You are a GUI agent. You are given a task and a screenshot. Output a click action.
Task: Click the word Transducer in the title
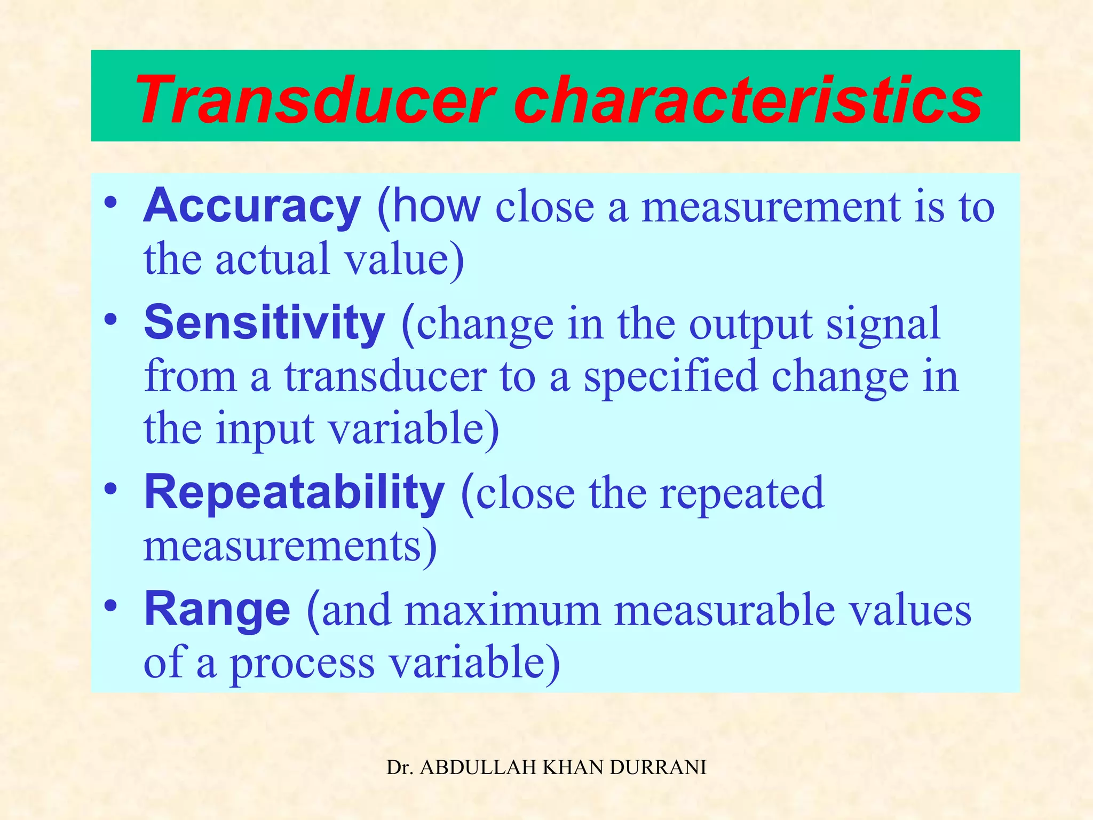[315, 100]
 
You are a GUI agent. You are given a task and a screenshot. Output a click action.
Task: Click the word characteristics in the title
[747, 100]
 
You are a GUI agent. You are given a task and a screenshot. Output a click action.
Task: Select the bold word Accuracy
[252, 206]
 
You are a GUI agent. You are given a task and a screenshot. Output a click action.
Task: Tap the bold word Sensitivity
[264, 322]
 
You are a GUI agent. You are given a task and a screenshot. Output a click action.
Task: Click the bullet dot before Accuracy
[110, 203]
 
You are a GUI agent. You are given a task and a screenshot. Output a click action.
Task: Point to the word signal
[883, 325]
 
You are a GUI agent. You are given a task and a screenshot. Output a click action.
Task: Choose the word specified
[670, 377]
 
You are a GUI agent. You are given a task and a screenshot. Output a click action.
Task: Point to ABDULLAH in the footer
[478, 768]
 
